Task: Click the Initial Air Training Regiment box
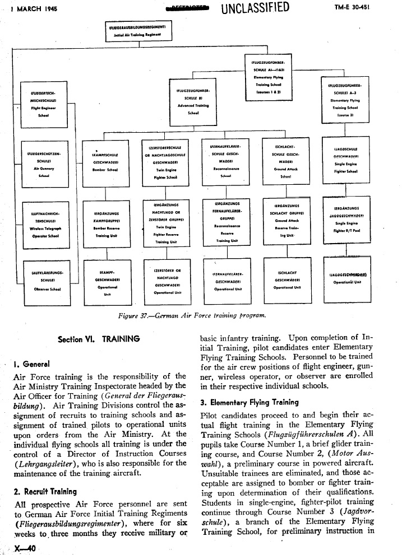[x=141, y=31]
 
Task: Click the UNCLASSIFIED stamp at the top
[x=255, y=8]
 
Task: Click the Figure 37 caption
[x=191, y=316]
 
